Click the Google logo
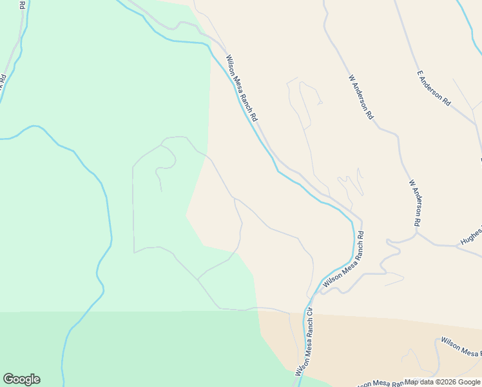tap(21, 379)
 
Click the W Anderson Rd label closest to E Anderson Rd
tap(361, 97)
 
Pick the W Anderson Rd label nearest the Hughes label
tap(414, 203)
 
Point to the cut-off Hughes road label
tap(470, 238)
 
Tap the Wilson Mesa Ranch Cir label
tap(304, 342)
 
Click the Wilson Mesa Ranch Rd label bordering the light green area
tap(242, 88)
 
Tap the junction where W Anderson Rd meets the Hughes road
tap(418, 233)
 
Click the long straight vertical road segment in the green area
tap(133, 206)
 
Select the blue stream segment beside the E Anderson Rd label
tap(467, 19)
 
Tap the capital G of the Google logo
tap(8, 379)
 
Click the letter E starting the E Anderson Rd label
tap(419, 74)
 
